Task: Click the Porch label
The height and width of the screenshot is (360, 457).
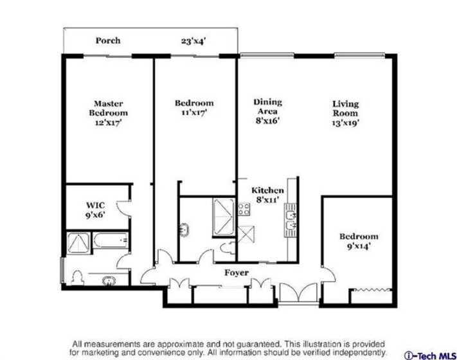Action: coord(108,40)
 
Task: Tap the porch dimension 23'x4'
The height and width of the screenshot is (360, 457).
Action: coord(193,41)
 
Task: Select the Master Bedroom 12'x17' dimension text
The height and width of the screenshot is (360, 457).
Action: coord(108,123)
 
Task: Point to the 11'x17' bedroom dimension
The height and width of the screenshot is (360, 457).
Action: coord(194,113)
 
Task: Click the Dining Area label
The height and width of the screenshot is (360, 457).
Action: coord(267,107)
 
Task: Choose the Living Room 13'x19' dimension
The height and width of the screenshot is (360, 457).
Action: coord(345,123)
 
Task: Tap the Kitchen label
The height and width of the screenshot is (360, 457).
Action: coord(267,190)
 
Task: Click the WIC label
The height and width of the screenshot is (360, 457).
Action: coord(95,205)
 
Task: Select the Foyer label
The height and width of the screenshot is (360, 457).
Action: coord(237,273)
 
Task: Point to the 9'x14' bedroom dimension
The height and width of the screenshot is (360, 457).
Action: coord(359,246)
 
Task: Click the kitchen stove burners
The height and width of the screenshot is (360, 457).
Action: coord(244,209)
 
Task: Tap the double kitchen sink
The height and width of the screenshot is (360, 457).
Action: coord(291,221)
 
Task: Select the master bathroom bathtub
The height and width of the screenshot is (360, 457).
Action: coord(110,240)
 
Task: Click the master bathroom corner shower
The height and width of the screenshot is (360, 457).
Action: coord(78,243)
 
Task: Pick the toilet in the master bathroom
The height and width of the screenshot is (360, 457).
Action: coord(78,278)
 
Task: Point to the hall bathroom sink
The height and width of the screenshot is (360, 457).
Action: coord(184,230)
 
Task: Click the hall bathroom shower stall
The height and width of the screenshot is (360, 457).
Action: coord(224,217)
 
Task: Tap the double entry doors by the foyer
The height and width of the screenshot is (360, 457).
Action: coord(298,292)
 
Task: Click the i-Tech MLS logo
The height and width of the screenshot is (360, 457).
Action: coord(430,356)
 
